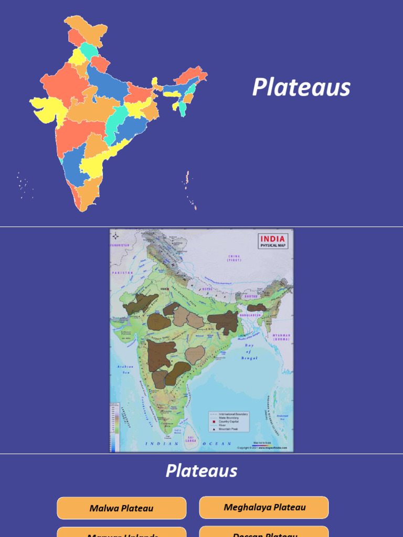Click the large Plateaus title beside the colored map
[301, 87]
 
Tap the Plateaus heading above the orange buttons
[201, 470]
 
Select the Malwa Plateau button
[121, 508]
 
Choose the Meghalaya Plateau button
[264, 507]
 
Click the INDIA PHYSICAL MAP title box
[273, 242]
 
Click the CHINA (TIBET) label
[234, 258]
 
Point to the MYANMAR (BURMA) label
[281, 337]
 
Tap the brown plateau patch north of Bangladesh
[257, 308]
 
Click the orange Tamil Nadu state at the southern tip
[87, 191]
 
